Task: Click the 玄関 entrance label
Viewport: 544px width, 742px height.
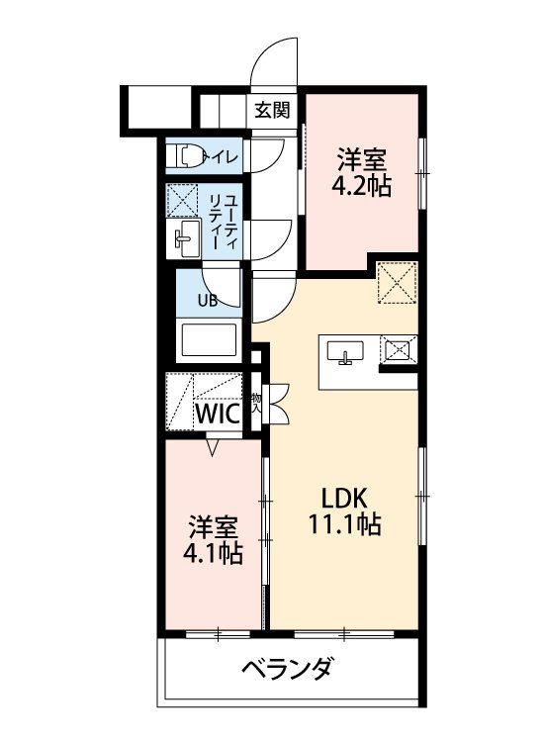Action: [272, 110]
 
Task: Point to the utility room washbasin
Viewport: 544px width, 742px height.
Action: [184, 238]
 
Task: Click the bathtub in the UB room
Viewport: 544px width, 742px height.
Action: [209, 341]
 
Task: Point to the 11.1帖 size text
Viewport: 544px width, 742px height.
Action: [345, 523]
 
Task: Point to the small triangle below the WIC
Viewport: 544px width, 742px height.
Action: [213, 447]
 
